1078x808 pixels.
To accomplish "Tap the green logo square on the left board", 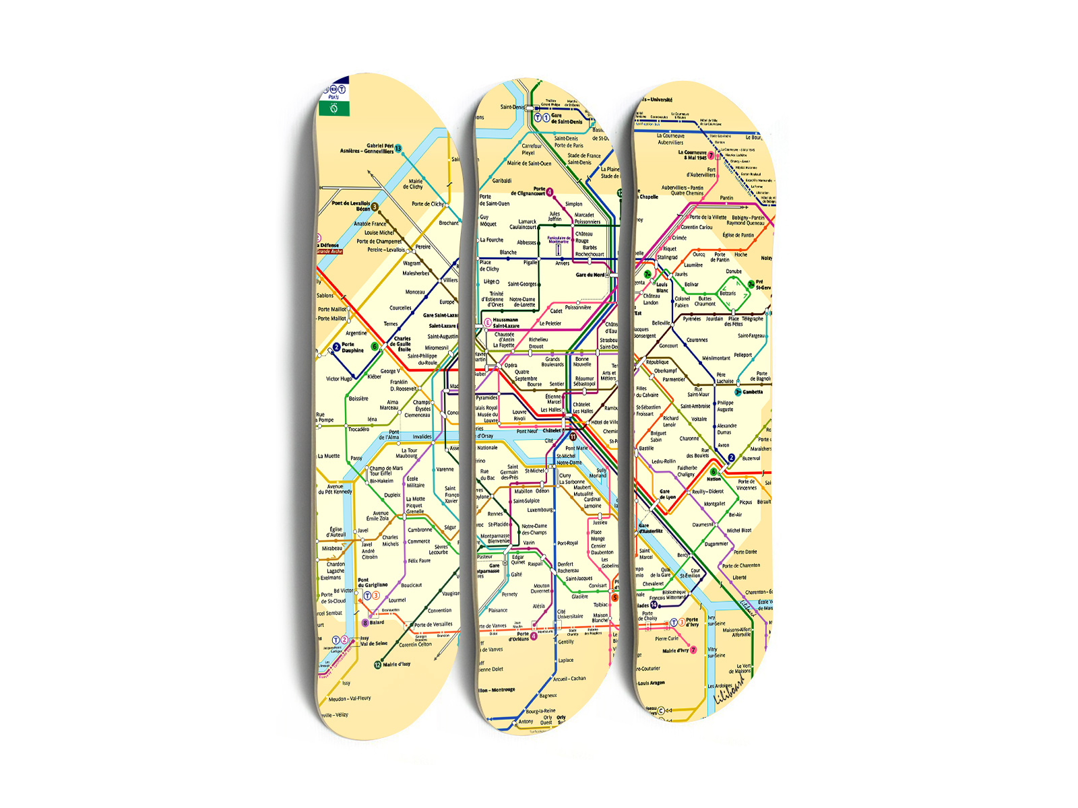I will click(334, 108).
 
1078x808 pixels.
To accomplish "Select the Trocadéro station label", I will click(358, 429).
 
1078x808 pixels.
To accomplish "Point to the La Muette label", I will click(329, 456).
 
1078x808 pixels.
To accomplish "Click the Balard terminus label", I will click(377, 622).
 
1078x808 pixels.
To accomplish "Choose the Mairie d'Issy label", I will click(396, 665).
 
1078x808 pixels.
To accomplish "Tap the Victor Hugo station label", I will click(339, 378).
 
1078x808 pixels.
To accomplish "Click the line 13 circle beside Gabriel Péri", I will click(398, 148).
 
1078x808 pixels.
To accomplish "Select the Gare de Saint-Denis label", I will click(567, 119).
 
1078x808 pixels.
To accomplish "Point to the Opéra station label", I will click(511, 366).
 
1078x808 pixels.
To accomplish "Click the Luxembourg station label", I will click(540, 510).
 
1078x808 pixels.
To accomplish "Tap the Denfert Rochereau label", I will click(568, 567).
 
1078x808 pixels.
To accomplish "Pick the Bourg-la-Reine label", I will click(540, 711).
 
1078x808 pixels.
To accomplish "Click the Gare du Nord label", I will click(590, 275).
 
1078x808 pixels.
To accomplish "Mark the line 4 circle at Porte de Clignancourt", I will click(550, 192).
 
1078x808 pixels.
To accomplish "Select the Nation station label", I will click(714, 479).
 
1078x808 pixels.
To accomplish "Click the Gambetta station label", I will click(753, 392).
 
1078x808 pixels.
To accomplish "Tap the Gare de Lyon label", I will click(667, 494).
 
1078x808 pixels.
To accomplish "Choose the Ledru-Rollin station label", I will click(664, 461).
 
